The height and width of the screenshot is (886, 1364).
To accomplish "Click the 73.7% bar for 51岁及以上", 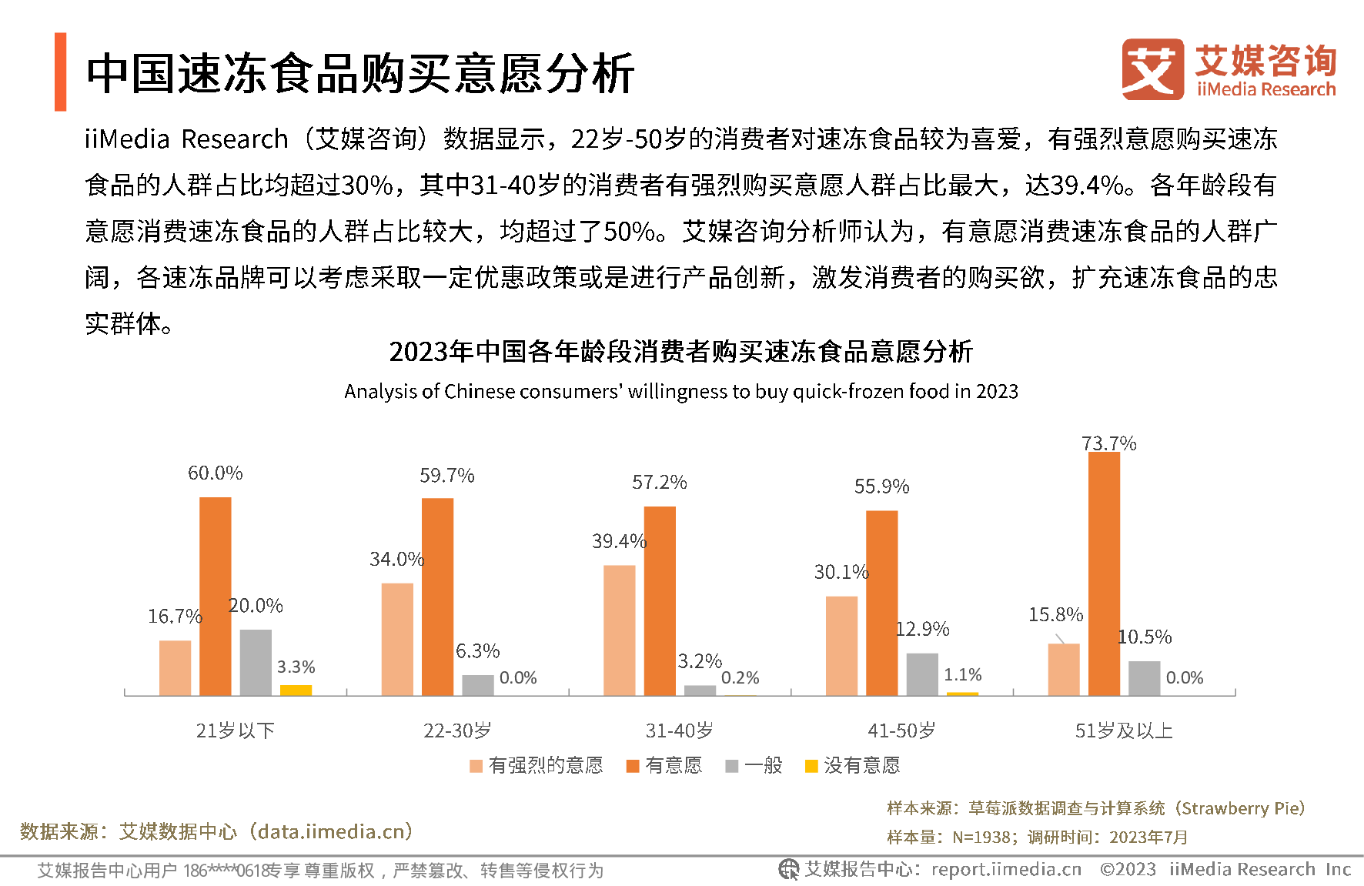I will [x=1104, y=573].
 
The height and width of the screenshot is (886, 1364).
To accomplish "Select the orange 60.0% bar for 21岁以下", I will [x=216, y=596].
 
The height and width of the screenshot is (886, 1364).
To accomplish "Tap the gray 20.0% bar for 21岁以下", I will [x=256, y=662].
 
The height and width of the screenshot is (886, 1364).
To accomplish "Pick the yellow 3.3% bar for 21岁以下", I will [x=296, y=690].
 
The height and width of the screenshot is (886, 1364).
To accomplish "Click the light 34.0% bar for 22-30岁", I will [x=397, y=639].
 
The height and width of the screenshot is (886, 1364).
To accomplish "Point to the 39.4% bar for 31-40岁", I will [x=620, y=630].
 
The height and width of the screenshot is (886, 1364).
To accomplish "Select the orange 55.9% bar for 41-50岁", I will [x=881, y=603].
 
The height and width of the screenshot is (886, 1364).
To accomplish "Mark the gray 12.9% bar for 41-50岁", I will [x=921, y=674].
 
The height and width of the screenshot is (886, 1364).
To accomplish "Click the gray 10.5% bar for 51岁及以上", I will [x=1144, y=677].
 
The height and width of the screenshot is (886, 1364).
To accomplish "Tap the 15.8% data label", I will [x=1055, y=615].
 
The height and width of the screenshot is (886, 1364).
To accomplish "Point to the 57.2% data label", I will [x=659, y=483].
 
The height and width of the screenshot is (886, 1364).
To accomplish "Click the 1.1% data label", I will [x=962, y=675].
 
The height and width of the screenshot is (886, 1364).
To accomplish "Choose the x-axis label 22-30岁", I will [x=457, y=731].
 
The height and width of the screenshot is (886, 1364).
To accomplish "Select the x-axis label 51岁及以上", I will [x=1124, y=731].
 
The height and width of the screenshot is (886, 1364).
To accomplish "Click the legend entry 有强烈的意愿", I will [x=537, y=765].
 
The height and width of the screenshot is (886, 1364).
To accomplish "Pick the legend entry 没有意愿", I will [x=852, y=765].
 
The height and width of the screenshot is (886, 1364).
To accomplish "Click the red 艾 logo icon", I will [x=1152, y=69].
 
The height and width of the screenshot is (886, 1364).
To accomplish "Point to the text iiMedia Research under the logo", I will [x=1266, y=89].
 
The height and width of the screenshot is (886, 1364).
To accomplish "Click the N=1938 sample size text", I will [x=981, y=837].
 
